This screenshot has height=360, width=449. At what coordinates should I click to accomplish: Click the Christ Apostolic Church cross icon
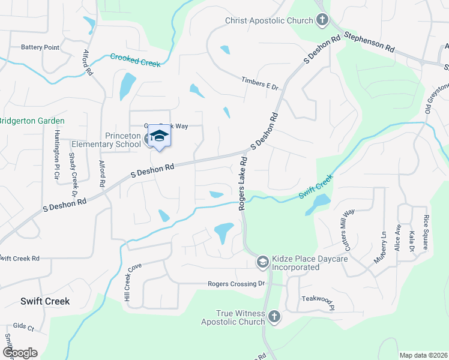tap(322, 20)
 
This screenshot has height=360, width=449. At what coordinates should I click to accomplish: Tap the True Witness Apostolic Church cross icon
tap(274, 316)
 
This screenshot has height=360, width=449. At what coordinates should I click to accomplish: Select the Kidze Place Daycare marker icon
tap(262, 262)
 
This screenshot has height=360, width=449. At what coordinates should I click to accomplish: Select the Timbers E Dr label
tap(261, 83)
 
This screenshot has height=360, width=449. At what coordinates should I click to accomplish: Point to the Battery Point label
tap(40, 47)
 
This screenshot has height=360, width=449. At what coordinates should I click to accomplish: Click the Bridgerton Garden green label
tap(32, 121)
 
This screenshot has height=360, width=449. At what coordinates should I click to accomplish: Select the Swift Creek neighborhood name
tap(44, 301)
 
